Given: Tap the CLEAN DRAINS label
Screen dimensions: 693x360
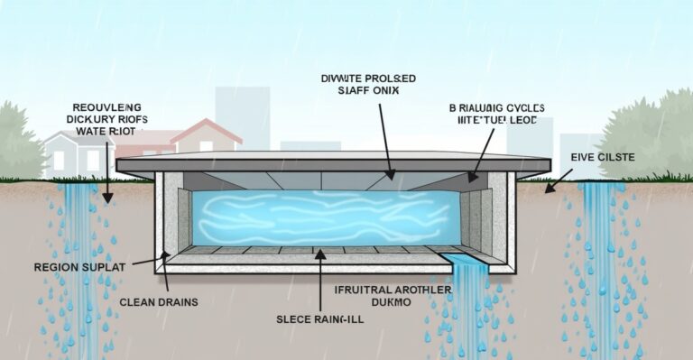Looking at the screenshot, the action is [x=158, y=302].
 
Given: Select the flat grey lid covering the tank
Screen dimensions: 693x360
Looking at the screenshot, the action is [x=334, y=163].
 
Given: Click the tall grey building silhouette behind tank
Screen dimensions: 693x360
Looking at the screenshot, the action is [x=242, y=117].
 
